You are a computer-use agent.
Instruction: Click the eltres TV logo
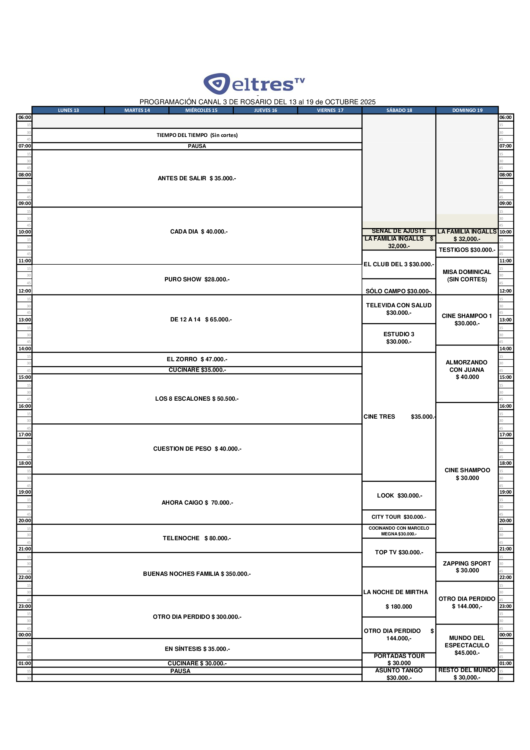tap(254, 84)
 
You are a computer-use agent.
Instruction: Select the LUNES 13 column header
tap(68, 110)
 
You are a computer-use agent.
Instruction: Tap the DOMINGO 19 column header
tap(467, 110)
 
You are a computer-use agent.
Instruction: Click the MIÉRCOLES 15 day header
tap(201, 110)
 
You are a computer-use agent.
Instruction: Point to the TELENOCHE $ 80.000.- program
tap(197, 538)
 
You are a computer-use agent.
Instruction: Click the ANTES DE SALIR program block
tap(197, 178)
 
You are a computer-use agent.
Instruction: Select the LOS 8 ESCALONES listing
tap(197, 398)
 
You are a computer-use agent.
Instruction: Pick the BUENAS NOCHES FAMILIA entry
tap(197, 574)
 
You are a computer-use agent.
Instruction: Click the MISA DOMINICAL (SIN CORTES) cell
tap(467, 276)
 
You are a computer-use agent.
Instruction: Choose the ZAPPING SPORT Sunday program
tap(467, 567)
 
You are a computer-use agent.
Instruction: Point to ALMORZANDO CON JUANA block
tap(467, 370)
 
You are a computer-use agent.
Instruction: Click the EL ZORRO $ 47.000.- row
tap(197, 359)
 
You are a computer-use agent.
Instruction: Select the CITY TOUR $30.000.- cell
tap(399, 517)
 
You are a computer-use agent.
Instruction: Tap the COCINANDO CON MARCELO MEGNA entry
tap(399, 531)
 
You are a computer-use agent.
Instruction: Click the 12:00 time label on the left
tap(24, 291)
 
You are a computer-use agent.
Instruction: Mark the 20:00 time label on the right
tap(505, 521)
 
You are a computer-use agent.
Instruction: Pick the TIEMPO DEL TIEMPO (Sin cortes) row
tap(197, 135)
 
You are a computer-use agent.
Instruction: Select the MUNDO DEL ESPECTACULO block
tap(467, 645)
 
